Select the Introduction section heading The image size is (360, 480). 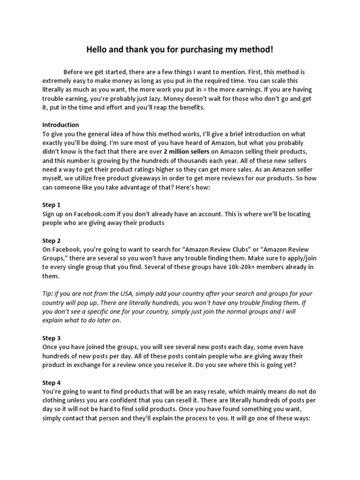(61, 125)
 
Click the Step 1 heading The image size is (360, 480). (52, 205)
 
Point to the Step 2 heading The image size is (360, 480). (52, 240)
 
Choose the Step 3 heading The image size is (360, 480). (52, 338)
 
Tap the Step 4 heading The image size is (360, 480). (52, 382)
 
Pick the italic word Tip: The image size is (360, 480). (49, 294)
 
